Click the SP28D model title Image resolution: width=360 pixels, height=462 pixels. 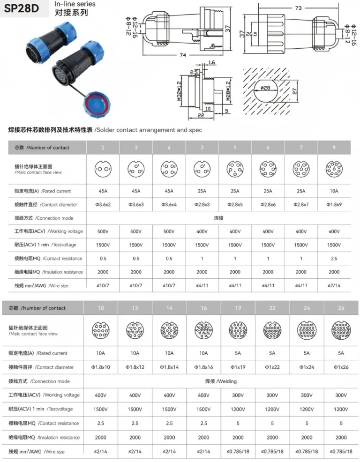coord(22,8)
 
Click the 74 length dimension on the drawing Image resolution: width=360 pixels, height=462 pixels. coord(183,55)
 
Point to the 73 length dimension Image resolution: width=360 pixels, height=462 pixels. coord(298,8)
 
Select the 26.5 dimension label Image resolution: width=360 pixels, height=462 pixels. coord(252,34)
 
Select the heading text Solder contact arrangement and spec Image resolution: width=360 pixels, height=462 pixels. coord(149,130)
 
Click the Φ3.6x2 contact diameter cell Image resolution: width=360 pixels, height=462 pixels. coord(103,205)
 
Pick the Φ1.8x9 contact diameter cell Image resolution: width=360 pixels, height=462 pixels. coord(334,205)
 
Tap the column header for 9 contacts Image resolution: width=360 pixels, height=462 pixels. coord(334,148)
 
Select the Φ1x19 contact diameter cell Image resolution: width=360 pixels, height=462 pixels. coord(238,367)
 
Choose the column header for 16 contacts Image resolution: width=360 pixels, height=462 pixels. coord(203,308)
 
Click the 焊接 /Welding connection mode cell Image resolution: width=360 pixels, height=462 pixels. coord(221,381)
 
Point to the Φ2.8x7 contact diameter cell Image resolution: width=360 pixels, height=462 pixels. coord(301,205)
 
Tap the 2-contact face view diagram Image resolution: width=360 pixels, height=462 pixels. coord(103,169)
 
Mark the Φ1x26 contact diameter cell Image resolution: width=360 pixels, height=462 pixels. coord(341,367)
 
